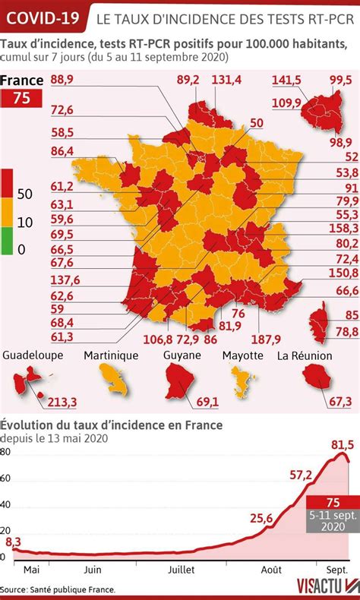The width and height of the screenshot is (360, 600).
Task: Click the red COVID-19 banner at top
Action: pos(43,15)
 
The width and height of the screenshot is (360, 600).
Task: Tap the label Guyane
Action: pos(182,355)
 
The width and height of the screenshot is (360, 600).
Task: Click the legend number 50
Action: pos(24,194)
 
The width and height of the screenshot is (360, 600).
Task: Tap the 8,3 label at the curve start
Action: pos(13,542)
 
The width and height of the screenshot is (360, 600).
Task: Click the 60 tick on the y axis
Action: pos(6,478)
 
